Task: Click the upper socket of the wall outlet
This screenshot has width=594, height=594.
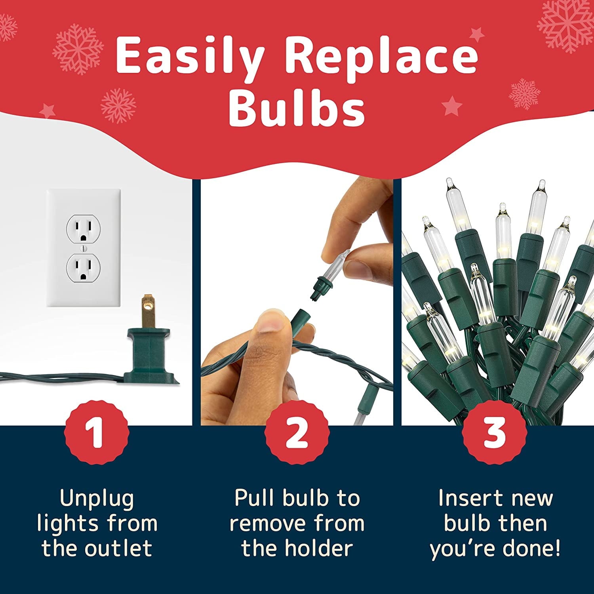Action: (x=84, y=229)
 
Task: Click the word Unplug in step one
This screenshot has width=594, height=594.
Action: (x=97, y=499)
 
